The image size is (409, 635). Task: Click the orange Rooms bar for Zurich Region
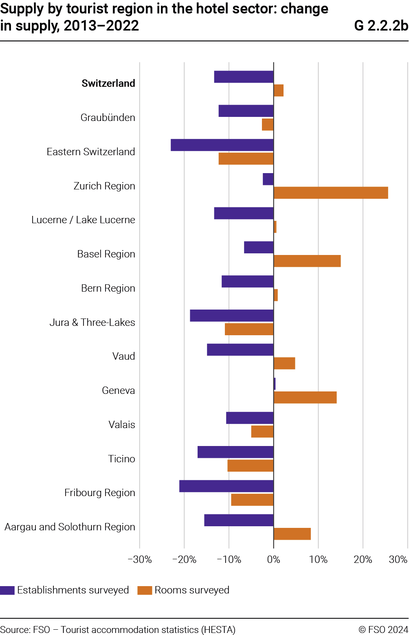(331, 193)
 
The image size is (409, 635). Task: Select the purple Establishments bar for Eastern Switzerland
(222, 145)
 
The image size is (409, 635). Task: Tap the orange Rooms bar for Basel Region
(307, 261)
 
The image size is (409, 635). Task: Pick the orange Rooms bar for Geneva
(305, 398)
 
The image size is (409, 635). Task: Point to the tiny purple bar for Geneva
(275, 384)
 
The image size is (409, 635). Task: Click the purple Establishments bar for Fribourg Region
(226, 486)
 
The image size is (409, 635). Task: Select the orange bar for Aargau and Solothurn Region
(292, 534)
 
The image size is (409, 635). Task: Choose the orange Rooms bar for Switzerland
(279, 90)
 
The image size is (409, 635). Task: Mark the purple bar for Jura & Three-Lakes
(232, 316)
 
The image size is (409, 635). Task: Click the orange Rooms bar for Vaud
(284, 363)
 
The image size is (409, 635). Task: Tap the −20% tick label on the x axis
(184, 560)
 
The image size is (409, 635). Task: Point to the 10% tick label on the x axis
(318, 560)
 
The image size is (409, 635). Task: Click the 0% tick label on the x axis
(273, 560)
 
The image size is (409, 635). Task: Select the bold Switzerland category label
(108, 83)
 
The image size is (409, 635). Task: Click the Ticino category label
(121, 459)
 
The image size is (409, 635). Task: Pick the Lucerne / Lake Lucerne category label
(83, 220)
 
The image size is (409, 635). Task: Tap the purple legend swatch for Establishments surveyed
(7, 590)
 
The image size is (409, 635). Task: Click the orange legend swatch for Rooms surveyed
(145, 590)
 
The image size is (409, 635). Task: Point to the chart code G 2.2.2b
(381, 26)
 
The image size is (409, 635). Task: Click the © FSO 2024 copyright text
(383, 630)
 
